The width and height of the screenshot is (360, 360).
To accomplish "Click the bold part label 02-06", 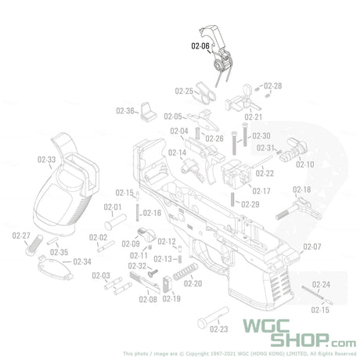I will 200,46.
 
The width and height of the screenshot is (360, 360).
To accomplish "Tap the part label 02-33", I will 45,160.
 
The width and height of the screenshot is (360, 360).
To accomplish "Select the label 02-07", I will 312,247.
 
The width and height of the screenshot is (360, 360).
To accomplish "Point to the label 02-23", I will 219,329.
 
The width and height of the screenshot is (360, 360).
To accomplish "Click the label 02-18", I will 301,190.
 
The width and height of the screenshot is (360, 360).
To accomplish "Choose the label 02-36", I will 125,111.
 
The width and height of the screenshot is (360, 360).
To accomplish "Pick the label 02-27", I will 21,236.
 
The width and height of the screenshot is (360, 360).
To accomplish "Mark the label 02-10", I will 304,165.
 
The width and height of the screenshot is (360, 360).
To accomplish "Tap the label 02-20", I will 193,283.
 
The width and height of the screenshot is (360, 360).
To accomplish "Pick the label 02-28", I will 272,85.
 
